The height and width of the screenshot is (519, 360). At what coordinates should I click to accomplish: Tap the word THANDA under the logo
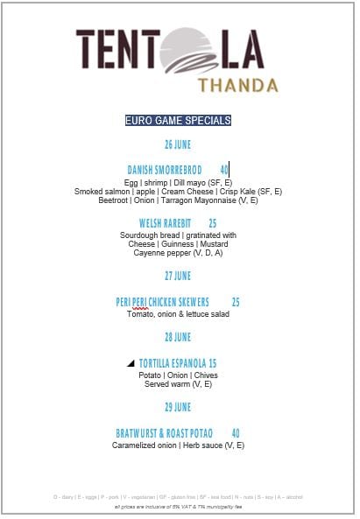[x=238, y=85]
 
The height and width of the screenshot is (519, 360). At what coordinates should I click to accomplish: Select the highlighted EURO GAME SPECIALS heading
[x=178, y=120]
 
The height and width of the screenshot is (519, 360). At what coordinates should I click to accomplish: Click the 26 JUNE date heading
[x=178, y=144]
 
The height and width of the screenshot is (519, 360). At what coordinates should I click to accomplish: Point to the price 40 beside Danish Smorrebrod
[x=224, y=169]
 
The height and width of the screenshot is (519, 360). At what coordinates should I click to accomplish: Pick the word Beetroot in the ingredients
[x=113, y=200]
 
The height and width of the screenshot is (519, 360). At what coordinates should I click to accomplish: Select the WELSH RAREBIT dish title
[x=165, y=223]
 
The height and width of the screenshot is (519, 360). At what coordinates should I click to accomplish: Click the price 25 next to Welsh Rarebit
[x=212, y=223]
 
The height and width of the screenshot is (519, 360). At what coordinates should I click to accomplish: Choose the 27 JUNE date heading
[x=178, y=276]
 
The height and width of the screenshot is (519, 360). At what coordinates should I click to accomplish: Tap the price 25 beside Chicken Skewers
[x=236, y=302]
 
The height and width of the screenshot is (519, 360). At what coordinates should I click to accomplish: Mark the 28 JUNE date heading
[x=178, y=337]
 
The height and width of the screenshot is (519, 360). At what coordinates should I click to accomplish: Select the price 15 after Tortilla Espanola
[x=212, y=362]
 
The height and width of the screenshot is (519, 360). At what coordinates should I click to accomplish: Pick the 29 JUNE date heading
[x=178, y=407]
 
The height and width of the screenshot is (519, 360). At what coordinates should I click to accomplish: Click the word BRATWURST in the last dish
[x=138, y=433]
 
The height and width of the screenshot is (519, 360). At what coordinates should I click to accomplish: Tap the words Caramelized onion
[x=142, y=445]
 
